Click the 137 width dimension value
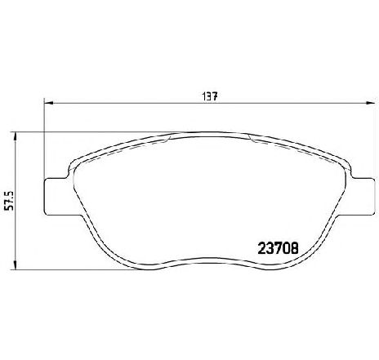[210, 96]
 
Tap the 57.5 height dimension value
[10, 201]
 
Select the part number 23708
[278, 248]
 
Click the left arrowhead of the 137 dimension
[48, 103]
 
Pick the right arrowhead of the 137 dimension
[370, 103]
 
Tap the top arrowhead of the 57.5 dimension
[16, 137]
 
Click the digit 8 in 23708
[295, 248]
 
